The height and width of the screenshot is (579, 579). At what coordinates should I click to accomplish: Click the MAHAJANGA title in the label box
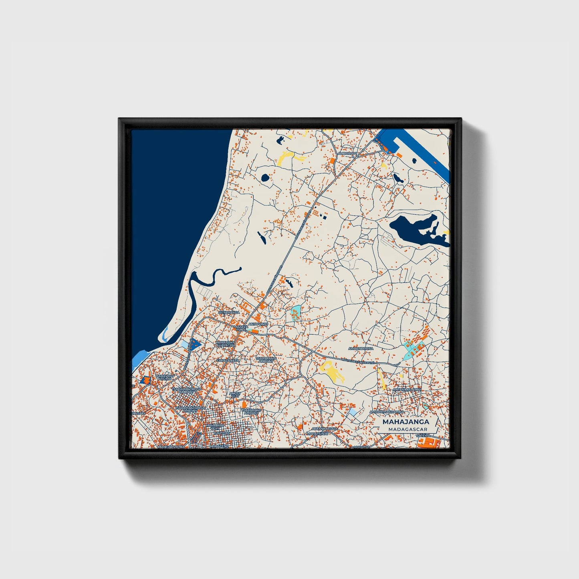pyautogui.click(x=405, y=422)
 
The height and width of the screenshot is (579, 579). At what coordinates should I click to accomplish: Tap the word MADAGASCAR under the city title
pyautogui.click(x=405, y=429)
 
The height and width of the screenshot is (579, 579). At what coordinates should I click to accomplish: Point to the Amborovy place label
pyautogui.click(x=347, y=153)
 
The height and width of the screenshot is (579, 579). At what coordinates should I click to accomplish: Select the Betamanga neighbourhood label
pyautogui.click(x=229, y=312)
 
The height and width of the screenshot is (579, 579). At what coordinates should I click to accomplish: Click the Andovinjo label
pyautogui.click(x=258, y=324)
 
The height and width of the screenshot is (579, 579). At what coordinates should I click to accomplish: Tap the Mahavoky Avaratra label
pyautogui.click(x=225, y=344)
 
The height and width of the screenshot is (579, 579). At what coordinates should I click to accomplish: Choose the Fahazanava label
pyautogui.click(x=228, y=360)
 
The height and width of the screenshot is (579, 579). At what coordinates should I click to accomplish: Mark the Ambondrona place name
pyautogui.click(x=361, y=349)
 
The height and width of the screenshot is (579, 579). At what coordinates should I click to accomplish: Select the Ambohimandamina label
pyautogui.click(x=387, y=412)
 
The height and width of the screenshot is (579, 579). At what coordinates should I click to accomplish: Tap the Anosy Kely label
pyautogui.click(x=235, y=395)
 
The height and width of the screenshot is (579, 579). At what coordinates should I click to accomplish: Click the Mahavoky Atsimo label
pyautogui.click(x=165, y=377)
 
